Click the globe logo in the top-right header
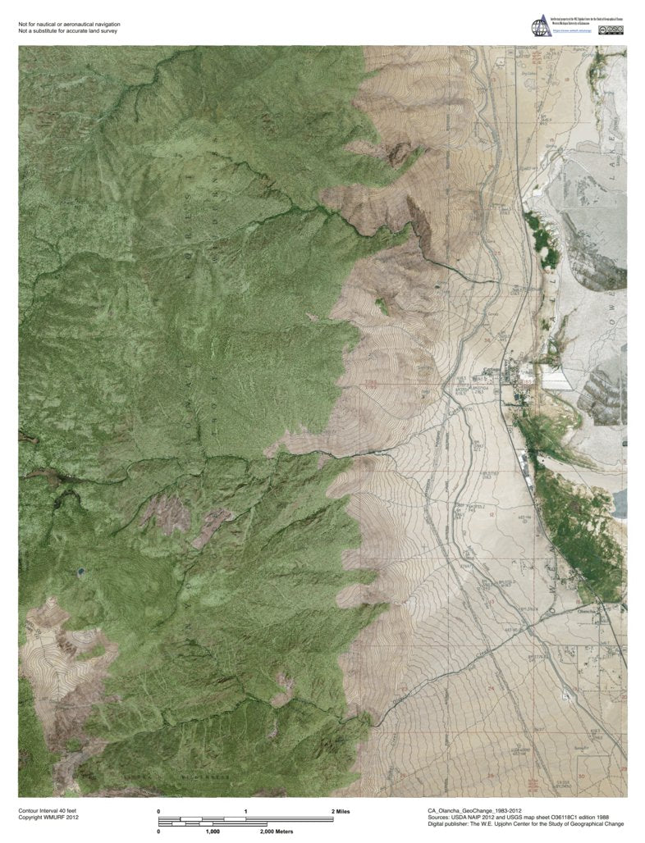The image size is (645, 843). (541, 27)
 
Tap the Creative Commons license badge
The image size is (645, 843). (613, 30)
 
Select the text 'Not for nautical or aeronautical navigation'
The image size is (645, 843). (69, 25)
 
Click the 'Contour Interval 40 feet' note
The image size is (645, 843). (47, 810)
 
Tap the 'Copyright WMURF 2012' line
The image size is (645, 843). (48, 818)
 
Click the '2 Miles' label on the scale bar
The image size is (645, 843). (341, 811)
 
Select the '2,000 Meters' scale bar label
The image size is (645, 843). (277, 832)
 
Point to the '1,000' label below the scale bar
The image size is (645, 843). (213, 832)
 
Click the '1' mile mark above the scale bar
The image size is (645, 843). (245, 811)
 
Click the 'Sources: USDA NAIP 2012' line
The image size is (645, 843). (526, 817)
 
